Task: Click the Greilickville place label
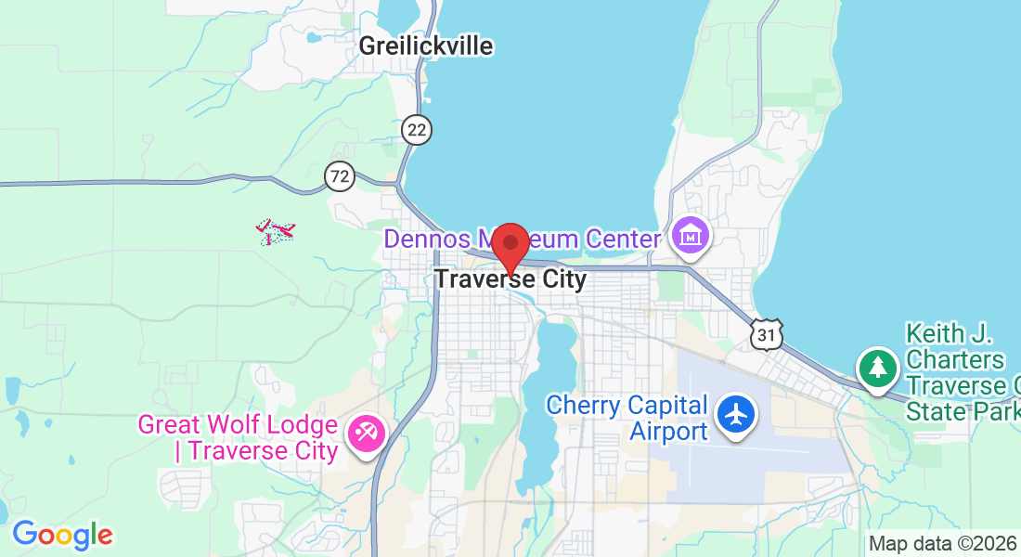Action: (426, 45)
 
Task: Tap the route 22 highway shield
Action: (418, 130)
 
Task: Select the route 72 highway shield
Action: (341, 175)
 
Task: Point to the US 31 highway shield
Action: (768, 334)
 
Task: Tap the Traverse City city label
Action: (510, 278)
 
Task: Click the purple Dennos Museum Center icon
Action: (691, 238)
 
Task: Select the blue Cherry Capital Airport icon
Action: (738, 414)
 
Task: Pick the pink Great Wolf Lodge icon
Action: (365, 433)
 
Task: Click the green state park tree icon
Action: (877, 368)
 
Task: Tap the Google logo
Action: (62, 535)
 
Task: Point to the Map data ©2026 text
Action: (942, 544)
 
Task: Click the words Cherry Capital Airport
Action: (627, 418)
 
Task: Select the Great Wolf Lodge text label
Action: (237, 438)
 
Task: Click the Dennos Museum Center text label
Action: (524, 239)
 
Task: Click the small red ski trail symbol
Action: (276, 231)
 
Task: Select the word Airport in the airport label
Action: (668, 431)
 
